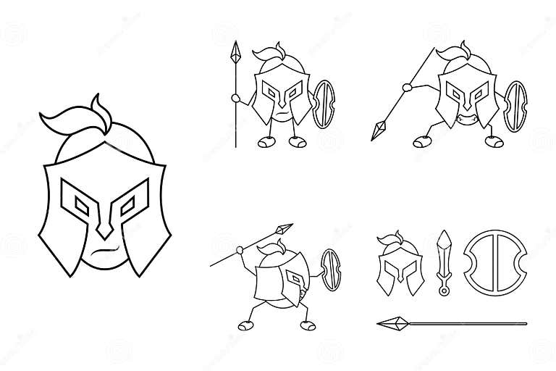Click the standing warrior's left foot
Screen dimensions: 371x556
point(267,142)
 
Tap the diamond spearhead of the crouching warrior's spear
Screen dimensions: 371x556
point(379,130)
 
